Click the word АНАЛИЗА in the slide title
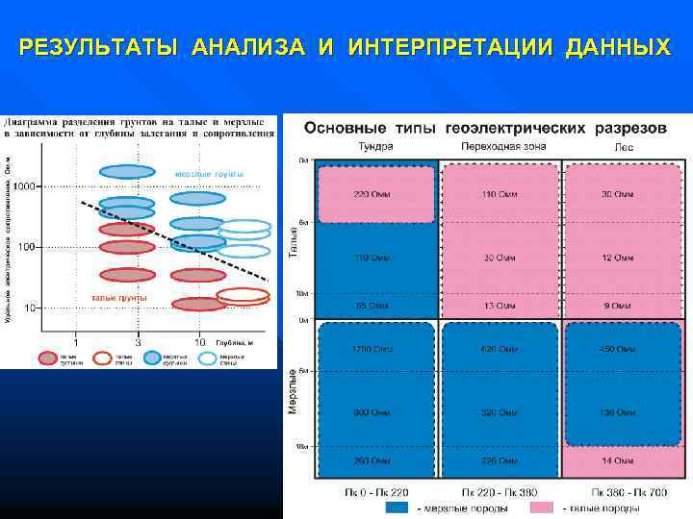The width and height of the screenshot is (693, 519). pos(254,46)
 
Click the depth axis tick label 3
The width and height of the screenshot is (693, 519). pos(139,342)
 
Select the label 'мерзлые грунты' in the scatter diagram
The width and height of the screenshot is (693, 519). pos(209,173)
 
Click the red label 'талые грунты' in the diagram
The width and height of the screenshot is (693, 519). pos(118,298)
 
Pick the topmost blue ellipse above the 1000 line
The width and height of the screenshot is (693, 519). pos(127,171)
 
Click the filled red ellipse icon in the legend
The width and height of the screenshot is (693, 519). pos(48,358)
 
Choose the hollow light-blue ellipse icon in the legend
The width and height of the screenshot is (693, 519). pos(208,358)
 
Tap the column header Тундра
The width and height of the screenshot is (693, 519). pos(375,146)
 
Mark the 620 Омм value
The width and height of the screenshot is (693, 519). pos(499,348)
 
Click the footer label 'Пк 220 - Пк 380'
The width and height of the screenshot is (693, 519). pos(499,492)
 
